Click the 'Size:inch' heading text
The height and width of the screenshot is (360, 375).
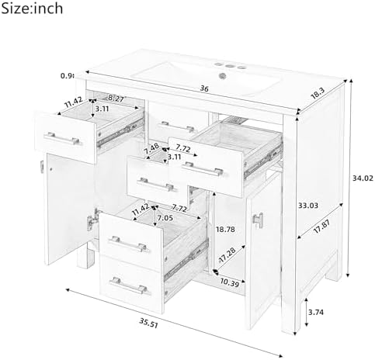point(32,9)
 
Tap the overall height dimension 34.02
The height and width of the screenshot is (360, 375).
point(363,178)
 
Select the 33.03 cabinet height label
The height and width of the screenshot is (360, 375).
point(308,206)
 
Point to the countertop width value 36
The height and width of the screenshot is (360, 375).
point(204,88)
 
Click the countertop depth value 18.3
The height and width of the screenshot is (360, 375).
point(318,93)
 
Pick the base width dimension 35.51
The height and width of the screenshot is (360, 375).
point(149,323)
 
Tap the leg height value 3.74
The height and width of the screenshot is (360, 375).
point(316,312)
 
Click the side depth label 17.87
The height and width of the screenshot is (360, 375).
point(321,227)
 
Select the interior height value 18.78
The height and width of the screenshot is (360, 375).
point(225,229)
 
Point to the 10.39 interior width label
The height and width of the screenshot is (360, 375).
point(230,283)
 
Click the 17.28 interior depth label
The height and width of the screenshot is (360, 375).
point(227,254)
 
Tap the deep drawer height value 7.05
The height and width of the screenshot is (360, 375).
point(165,218)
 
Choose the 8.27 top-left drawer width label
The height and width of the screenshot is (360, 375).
point(116,99)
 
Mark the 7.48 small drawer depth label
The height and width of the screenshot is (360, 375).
point(151,149)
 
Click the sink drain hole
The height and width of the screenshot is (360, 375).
point(222,76)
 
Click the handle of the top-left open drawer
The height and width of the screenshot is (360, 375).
point(62,139)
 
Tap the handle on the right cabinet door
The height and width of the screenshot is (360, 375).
point(258,220)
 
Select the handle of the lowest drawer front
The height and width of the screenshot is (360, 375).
point(128,286)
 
